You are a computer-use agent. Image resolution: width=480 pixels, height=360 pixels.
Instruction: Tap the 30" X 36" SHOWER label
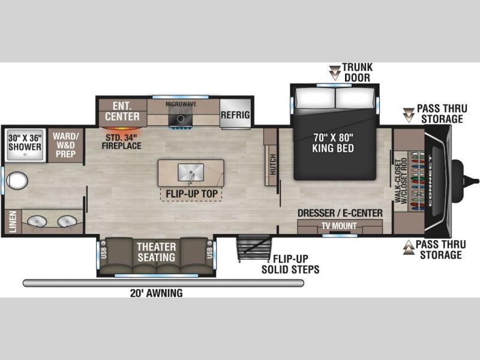tap(25, 142)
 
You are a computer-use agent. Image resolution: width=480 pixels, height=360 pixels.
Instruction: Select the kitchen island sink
tap(191, 173)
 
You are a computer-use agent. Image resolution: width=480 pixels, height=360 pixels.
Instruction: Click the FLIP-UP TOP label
tap(191, 194)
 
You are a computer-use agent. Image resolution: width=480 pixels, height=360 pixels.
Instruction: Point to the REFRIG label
tap(235, 115)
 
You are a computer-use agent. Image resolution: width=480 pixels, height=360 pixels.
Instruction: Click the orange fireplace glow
tap(122, 128)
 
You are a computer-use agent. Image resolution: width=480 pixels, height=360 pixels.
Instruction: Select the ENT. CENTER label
tap(122, 111)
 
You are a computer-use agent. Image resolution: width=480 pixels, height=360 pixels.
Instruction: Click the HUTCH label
tap(273, 164)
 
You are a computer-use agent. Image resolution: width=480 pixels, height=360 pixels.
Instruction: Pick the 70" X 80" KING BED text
tap(333, 143)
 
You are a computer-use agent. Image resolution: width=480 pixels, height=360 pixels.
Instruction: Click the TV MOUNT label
tap(339, 226)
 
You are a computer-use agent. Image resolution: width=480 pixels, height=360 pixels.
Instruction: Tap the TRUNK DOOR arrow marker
tap(335, 73)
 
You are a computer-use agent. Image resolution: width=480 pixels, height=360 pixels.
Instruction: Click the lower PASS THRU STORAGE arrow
tap(409, 247)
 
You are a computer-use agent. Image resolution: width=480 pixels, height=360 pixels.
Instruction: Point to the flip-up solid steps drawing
tap(254, 248)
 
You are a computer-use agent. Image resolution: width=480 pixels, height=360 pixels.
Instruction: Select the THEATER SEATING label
tap(157, 252)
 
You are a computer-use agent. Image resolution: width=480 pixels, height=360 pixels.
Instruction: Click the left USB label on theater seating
tap(103, 253)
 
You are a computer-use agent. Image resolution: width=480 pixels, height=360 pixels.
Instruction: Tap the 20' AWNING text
tap(157, 293)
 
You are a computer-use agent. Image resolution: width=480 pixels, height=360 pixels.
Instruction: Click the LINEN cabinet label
tap(13, 221)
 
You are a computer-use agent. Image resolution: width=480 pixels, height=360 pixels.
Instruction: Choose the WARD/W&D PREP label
tap(65, 145)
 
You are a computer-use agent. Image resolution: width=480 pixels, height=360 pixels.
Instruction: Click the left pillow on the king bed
tap(316, 98)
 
